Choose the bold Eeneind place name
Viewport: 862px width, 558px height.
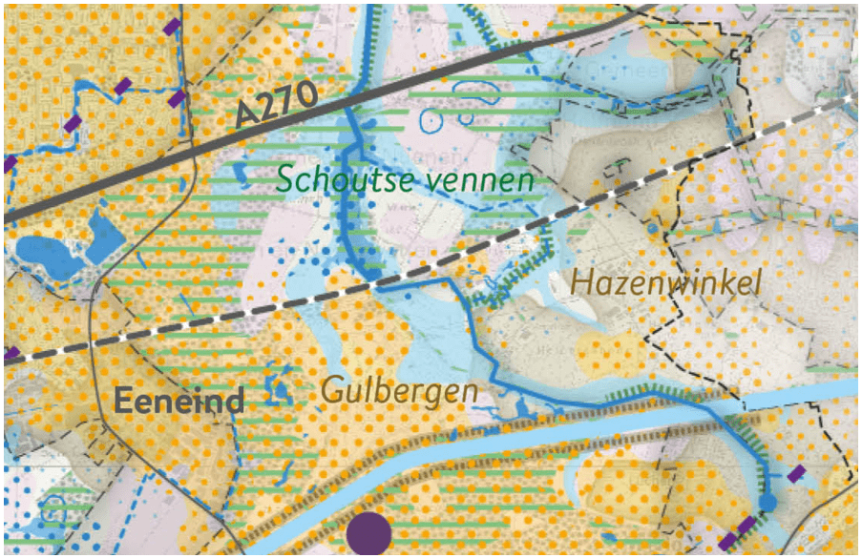[x=179, y=402]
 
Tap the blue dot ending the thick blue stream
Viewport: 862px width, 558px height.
[x=767, y=503]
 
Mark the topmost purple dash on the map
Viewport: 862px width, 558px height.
[x=174, y=27]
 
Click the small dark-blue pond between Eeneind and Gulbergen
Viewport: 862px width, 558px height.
[x=279, y=386]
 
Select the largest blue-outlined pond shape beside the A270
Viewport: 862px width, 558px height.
[x=474, y=92]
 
